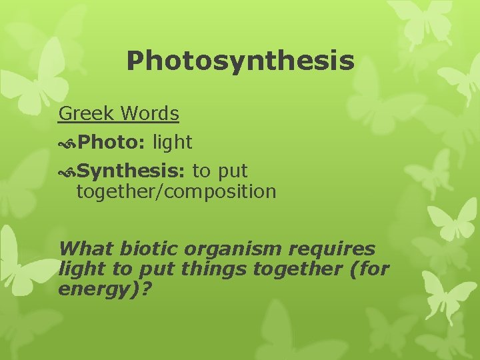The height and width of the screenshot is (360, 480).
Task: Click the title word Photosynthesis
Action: pos(240,61)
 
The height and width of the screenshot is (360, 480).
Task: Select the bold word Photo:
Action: pos(113,142)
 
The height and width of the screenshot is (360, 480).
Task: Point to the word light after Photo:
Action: pos(172,142)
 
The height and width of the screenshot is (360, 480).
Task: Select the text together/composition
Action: pos(176,193)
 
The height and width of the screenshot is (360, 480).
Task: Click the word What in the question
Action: pos(87,249)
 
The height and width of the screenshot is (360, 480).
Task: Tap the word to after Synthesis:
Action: pos(201,171)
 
